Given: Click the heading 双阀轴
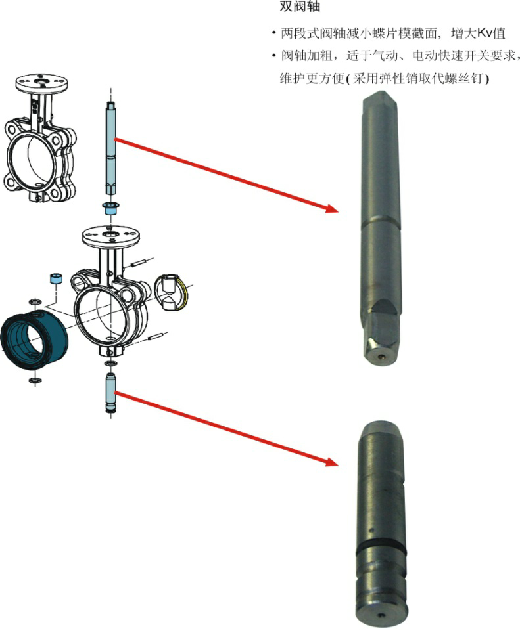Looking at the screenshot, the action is pos(300,7).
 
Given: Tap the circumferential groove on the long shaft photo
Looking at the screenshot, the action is pos(381,221).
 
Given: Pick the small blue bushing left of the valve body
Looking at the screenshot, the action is pos(56,278).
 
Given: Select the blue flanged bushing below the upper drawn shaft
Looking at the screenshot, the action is pos(110,208).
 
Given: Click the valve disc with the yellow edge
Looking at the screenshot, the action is pos(172,292).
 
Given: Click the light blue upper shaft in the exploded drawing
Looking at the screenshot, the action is pos(111,148).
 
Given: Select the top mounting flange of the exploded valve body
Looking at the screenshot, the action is pos(110,235).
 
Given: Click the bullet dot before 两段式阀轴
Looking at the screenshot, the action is pos(274,33).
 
